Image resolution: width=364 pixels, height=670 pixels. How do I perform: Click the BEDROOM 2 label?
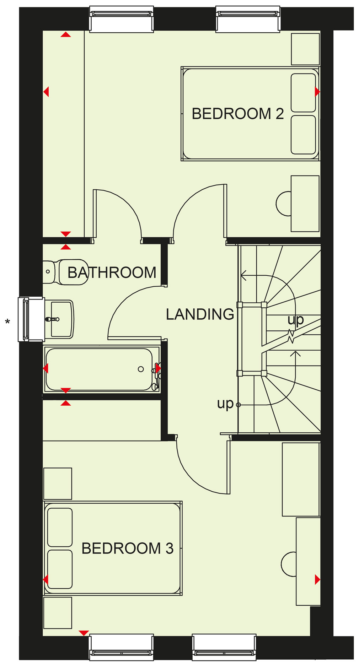pyautogui.click(x=237, y=114)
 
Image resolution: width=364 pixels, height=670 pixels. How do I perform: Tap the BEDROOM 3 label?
pyautogui.click(x=127, y=548)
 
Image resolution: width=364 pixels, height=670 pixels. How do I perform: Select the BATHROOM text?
pyautogui.click(x=112, y=272)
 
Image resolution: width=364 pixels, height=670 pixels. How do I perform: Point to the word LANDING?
pyautogui.click(x=200, y=314)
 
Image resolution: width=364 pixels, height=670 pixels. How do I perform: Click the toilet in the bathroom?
pyautogui.click(x=66, y=272)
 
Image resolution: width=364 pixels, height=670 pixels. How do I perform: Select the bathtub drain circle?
pyautogui.click(x=141, y=369)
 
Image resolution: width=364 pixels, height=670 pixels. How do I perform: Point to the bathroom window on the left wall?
pyautogui.click(x=31, y=319)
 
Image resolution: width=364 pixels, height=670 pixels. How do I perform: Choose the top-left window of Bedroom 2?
pyautogui.click(x=122, y=19)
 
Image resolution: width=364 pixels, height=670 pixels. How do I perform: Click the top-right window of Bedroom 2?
pyautogui.click(x=248, y=19)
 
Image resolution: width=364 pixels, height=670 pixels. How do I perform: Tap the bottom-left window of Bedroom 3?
pyautogui.click(x=122, y=647)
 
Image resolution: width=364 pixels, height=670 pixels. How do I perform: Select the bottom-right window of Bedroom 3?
pyautogui.click(x=224, y=647)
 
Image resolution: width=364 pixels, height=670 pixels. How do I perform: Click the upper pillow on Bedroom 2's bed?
pyautogui.click(x=303, y=93)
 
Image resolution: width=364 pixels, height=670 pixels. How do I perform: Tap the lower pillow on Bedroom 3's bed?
pyautogui.click(x=60, y=569)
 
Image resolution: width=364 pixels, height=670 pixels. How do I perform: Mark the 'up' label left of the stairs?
pyautogui.click(x=225, y=404)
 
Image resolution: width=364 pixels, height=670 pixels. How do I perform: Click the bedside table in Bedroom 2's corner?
pyautogui.click(x=305, y=49)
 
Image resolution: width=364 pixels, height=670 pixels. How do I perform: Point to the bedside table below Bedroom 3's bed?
pyautogui.click(x=58, y=613)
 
